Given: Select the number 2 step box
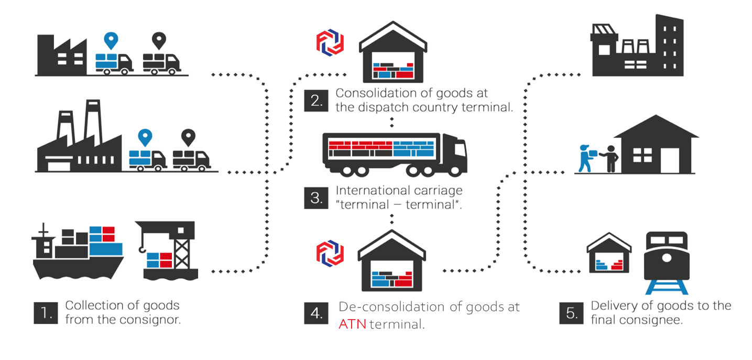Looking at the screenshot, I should (317, 100).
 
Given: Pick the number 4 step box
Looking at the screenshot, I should (317, 313).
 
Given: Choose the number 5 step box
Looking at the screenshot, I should (571, 313).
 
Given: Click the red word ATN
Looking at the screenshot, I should (352, 324).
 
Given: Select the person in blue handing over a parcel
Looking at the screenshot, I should (585, 158).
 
